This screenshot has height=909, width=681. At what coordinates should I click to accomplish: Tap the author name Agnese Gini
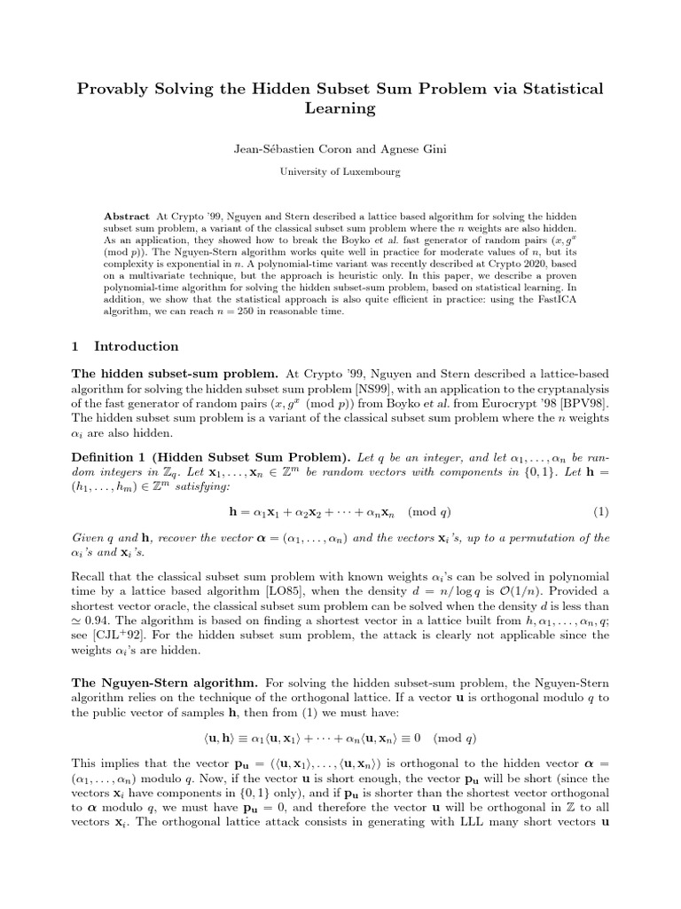(x=421, y=153)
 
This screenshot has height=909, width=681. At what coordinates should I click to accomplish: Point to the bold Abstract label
(x=128, y=216)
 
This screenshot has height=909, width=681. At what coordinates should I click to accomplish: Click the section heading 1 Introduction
(x=126, y=346)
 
